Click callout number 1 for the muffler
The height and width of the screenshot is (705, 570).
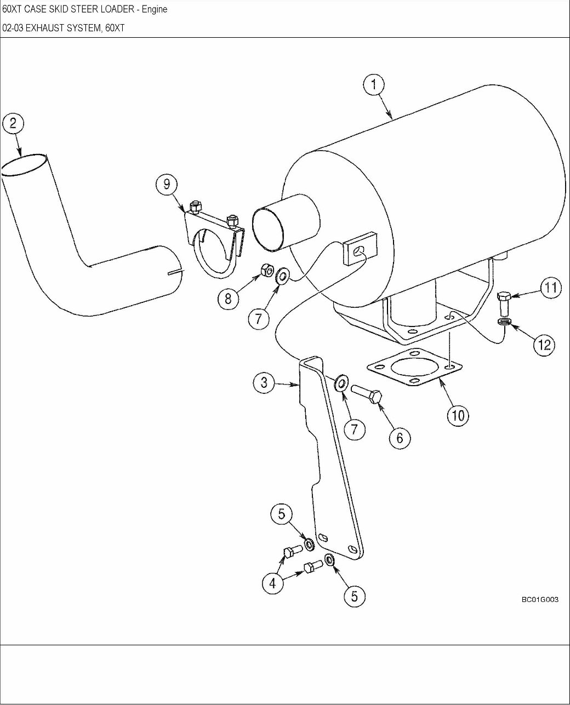pos(374,85)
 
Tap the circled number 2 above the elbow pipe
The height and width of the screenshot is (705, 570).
pos(13,124)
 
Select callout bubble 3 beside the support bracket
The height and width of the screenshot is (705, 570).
pos(264,382)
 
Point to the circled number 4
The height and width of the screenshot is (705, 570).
pos(272,583)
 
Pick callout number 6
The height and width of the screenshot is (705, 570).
pos(400,438)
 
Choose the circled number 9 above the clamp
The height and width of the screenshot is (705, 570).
pos(167,184)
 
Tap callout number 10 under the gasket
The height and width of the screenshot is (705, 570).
pos(458,416)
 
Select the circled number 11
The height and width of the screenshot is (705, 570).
pos(551,288)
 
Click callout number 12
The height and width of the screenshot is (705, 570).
pos(544,345)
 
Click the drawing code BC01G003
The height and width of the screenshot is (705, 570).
pos(540,600)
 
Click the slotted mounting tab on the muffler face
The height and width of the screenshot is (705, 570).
pos(360,250)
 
